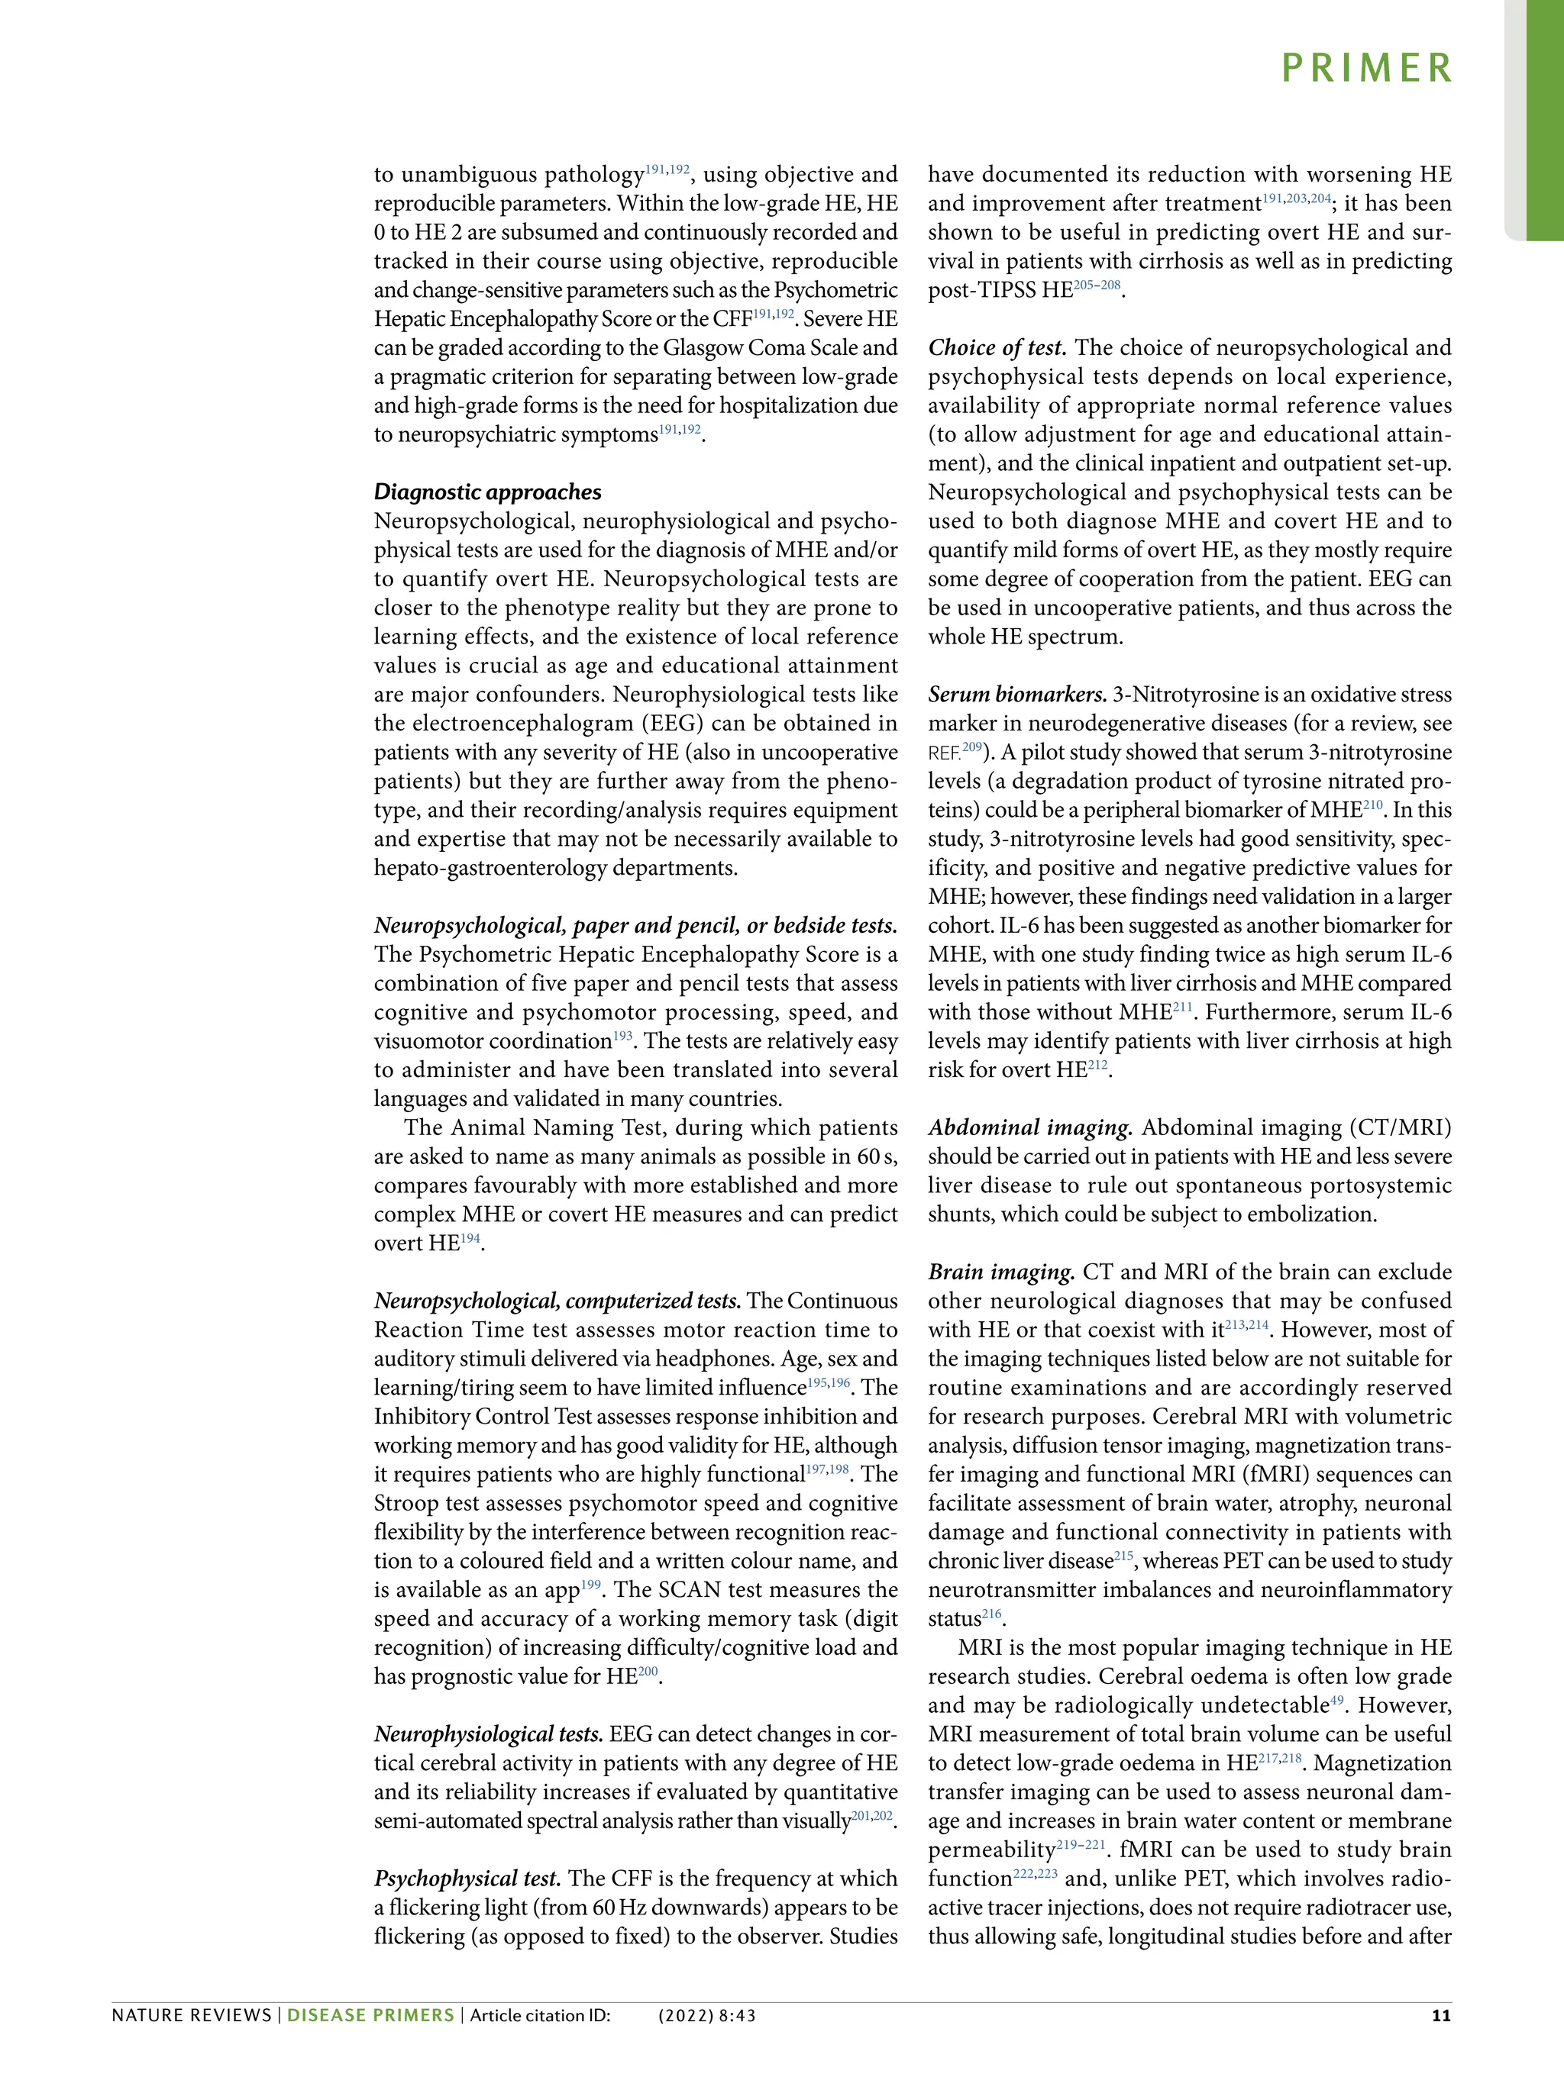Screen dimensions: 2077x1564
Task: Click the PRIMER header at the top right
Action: tap(1367, 69)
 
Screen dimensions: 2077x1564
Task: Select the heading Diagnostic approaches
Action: tap(487, 492)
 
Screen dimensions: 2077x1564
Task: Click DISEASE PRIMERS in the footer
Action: tap(370, 2015)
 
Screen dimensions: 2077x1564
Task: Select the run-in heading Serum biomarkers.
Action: tap(1017, 695)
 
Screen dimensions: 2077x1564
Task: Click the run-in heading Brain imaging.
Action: tap(1001, 1272)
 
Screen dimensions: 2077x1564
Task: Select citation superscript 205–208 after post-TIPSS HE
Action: tap(1097, 285)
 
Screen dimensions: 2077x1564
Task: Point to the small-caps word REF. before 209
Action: tap(944, 754)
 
